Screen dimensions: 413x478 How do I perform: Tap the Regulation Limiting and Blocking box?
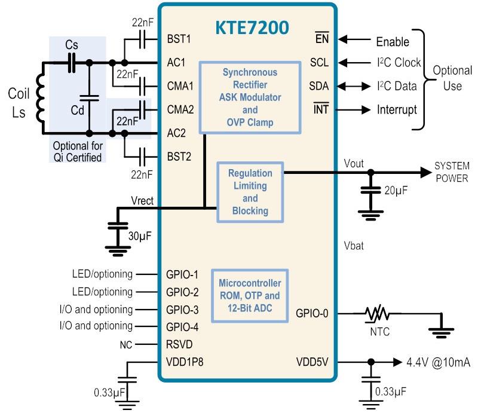pos(250,191)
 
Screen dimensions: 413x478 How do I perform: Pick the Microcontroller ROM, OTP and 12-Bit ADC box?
pos(250,295)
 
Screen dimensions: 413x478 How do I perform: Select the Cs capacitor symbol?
pos(72,62)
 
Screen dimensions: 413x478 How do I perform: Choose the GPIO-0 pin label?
pos(312,313)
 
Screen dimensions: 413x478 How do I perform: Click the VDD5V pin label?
pos(312,362)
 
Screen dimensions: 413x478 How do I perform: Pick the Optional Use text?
pos(452,78)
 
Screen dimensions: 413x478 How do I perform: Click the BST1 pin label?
pos(180,40)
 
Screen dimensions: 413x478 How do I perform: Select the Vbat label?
pos(355,246)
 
